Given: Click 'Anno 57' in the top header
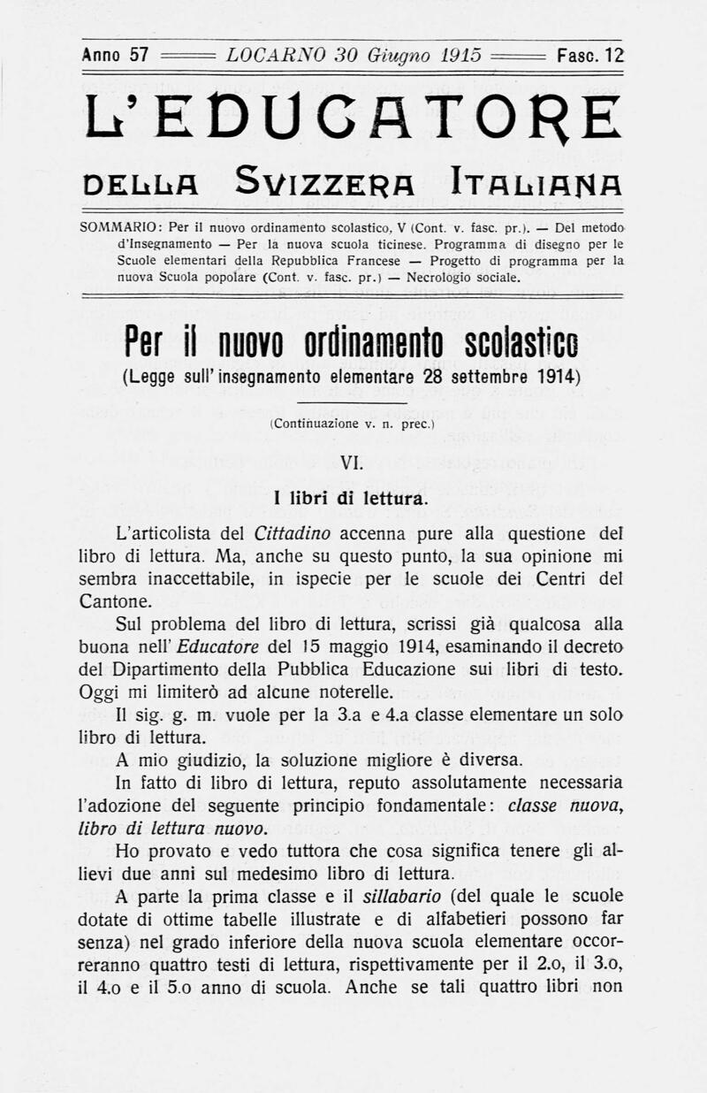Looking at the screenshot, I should (115, 55).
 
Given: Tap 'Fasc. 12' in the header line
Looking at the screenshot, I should (590, 55).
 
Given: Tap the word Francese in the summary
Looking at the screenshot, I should (385, 261).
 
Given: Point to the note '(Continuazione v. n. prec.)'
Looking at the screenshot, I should (353, 424).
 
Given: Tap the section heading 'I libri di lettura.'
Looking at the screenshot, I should (352, 498).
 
